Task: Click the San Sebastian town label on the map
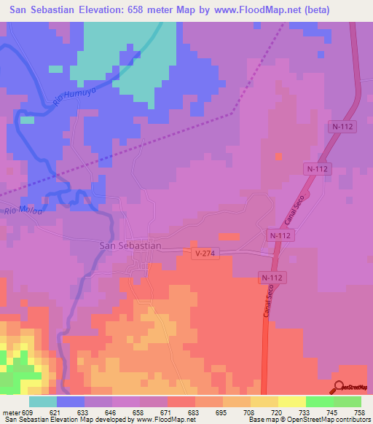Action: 130,246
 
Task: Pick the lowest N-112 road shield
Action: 273,278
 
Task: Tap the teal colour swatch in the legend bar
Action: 43,401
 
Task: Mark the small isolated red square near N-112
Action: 278,155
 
